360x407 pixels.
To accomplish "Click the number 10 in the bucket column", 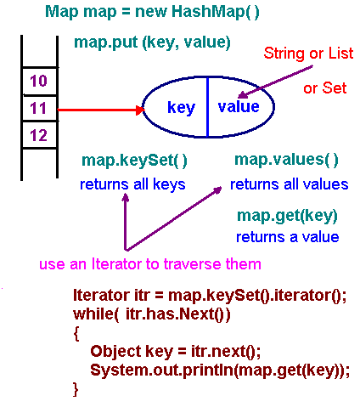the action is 38,81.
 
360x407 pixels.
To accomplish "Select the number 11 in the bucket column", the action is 38,108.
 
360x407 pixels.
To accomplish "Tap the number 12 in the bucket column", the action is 38,135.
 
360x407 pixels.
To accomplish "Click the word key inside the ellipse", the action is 181,108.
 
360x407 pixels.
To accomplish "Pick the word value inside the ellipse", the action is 239,107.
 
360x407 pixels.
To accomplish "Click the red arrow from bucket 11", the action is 101,110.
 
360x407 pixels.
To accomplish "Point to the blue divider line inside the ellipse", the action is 208,107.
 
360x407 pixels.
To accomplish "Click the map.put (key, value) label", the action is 152,42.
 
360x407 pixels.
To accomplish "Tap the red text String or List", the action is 308,54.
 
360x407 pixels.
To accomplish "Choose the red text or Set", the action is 325,88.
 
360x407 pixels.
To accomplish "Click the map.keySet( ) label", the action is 134,161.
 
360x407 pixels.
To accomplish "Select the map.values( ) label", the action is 286,160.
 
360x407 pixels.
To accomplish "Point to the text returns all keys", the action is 132,184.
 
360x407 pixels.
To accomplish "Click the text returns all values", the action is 289,184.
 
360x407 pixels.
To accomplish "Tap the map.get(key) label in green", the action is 287,217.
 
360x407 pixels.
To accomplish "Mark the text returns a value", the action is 288,237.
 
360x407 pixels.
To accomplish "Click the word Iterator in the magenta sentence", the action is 116,264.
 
